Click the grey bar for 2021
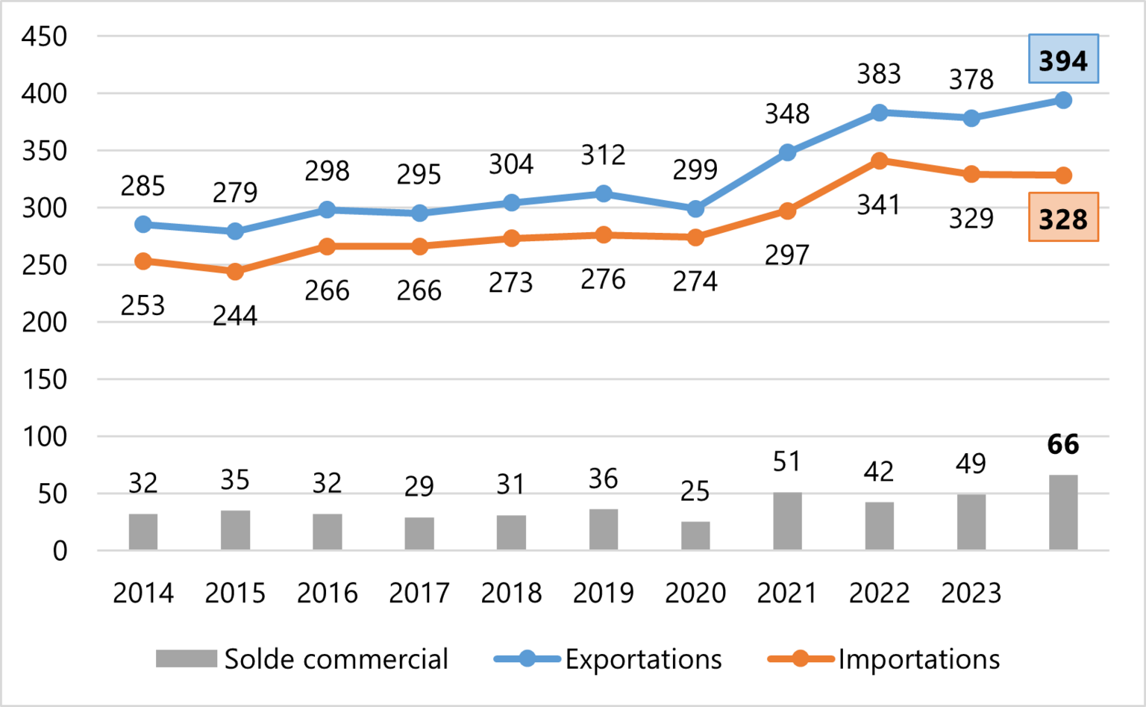tap(787, 521)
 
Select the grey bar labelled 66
tap(1063, 512)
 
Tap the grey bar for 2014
tap(143, 532)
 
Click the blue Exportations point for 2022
tap(879, 113)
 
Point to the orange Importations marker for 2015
tap(235, 272)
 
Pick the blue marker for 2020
tap(695, 209)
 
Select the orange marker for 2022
tap(879, 161)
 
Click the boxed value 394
tap(1063, 60)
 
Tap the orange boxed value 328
tap(1063, 218)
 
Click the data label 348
tap(787, 114)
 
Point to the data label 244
tap(235, 316)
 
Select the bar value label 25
tap(695, 490)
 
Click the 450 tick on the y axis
tap(45, 37)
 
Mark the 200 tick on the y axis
tap(45, 323)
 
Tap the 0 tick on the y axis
tap(60, 551)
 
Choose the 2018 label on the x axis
tap(511, 594)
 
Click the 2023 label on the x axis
tap(971, 594)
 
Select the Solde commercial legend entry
tap(302, 659)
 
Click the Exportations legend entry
tap(608, 659)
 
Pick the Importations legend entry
tap(884, 659)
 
